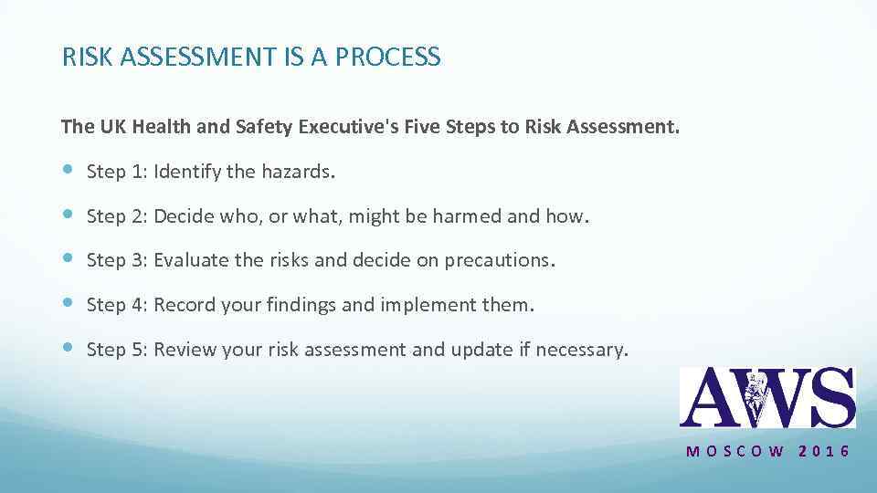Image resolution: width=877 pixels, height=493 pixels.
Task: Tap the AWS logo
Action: tap(767, 398)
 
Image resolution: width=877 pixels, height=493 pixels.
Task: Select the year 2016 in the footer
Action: tap(824, 451)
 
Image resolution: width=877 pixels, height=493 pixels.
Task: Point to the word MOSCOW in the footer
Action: tap(734, 451)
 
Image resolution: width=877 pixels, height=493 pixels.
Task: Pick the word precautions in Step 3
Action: tap(498, 261)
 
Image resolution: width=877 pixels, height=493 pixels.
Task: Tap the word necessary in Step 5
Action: tap(581, 350)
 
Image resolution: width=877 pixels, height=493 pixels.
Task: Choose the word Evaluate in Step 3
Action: tap(185, 260)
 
